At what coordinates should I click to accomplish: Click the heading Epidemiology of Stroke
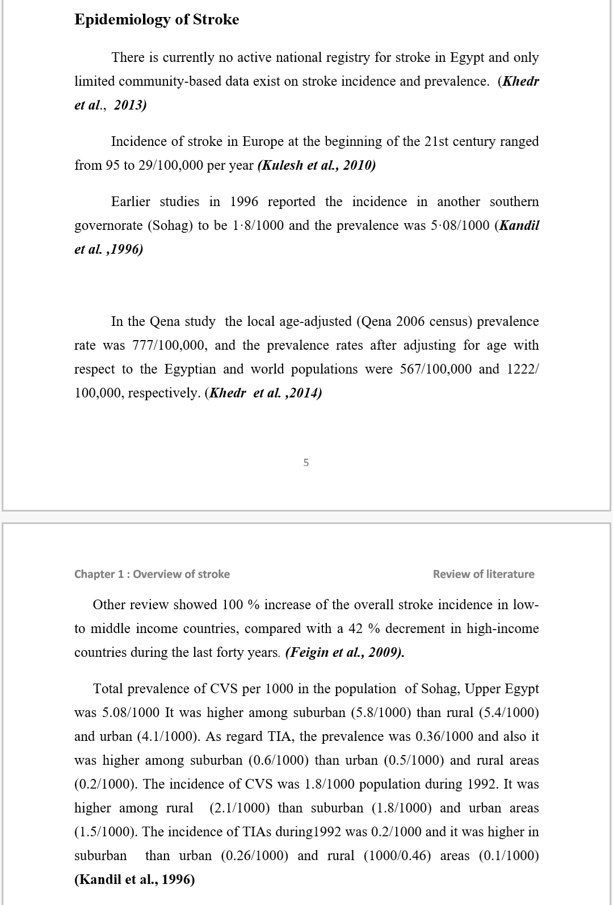(x=157, y=19)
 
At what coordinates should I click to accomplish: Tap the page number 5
(x=306, y=463)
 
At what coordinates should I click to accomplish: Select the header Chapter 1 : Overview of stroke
(x=152, y=574)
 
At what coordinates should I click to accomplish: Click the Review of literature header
(x=484, y=574)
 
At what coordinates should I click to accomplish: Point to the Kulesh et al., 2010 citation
(x=317, y=165)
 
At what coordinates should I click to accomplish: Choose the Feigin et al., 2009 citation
(x=345, y=652)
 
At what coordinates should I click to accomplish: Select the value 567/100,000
(x=436, y=369)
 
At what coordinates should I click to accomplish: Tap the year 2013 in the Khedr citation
(x=130, y=105)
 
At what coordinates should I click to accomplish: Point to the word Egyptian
(x=191, y=369)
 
